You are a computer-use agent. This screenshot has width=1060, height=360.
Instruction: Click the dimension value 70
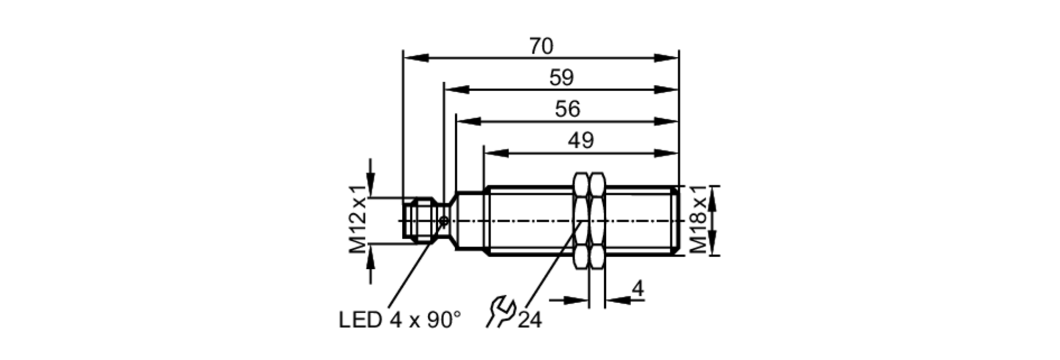[x=541, y=47]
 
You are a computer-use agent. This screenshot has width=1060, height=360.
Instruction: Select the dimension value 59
[x=561, y=78]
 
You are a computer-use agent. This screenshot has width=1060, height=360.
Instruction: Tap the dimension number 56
[x=568, y=109]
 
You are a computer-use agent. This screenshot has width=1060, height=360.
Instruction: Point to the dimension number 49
[x=581, y=141]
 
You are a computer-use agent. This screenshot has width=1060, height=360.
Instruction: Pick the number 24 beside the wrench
[x=530, y=320]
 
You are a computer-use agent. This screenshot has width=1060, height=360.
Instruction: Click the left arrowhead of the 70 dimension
[x=416, y=58]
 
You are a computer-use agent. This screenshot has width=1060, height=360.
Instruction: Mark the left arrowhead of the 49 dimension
[x=496, y=153]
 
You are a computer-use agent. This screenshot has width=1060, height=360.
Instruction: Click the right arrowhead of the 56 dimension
[x=666, y=121]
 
